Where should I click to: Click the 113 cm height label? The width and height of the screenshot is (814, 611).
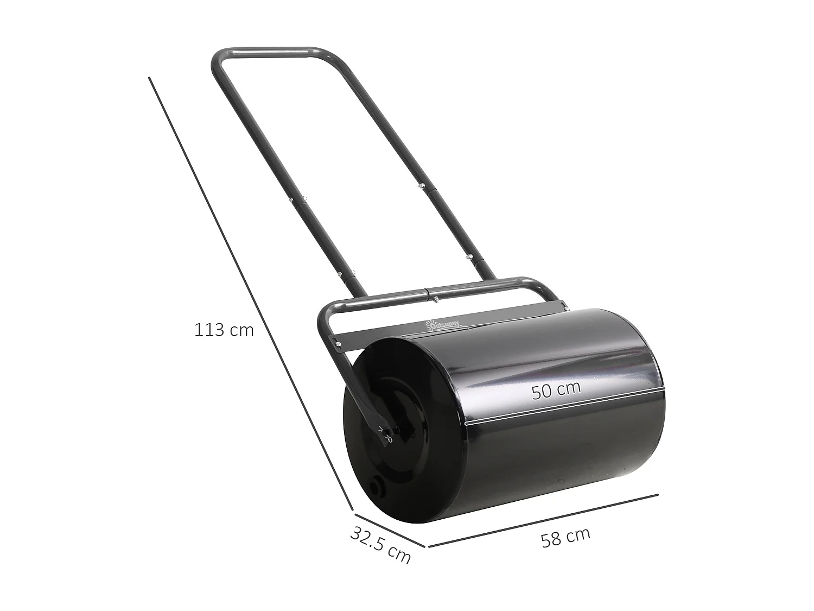click(x=224, y=330)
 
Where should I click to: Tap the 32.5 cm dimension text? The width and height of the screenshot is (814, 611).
click(x=380, y=545)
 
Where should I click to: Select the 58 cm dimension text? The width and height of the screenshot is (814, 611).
click(x=565, y=538)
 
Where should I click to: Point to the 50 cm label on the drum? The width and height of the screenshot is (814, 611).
click(x=556, y=390)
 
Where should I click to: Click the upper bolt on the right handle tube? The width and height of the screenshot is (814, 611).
click(x=420, y=186)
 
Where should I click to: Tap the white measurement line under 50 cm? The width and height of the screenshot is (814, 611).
click(x=564, y=406)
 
